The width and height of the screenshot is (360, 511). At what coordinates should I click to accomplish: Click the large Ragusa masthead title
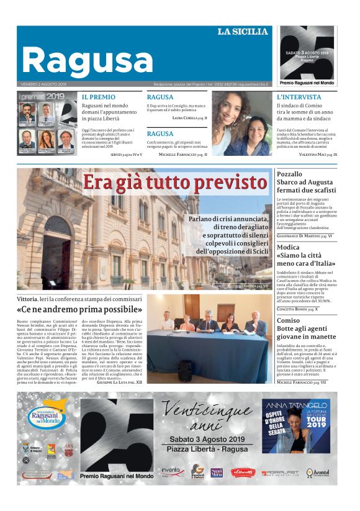point(87,60)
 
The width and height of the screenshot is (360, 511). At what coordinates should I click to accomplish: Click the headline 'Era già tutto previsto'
point(175,183)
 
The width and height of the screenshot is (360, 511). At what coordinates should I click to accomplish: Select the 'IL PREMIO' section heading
point(99,97)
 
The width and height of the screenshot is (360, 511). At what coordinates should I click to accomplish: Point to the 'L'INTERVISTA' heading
point(299,97)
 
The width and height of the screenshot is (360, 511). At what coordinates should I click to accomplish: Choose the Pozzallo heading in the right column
point(290,174)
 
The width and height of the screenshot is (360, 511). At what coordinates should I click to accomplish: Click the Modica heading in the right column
point(289,247)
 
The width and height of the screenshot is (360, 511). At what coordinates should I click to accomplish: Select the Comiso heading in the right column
point(289,320)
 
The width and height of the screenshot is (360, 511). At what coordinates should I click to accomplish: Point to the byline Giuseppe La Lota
point(120,383)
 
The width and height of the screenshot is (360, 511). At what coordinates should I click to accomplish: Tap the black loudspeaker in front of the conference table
point(185,370)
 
